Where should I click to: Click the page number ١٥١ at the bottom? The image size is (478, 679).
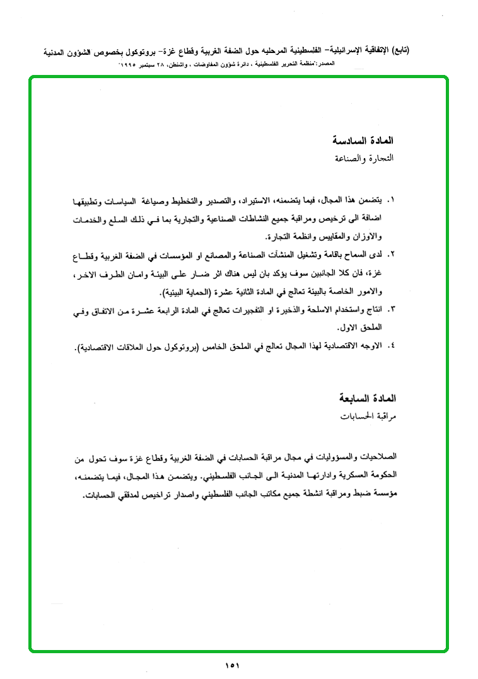(232, 665)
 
